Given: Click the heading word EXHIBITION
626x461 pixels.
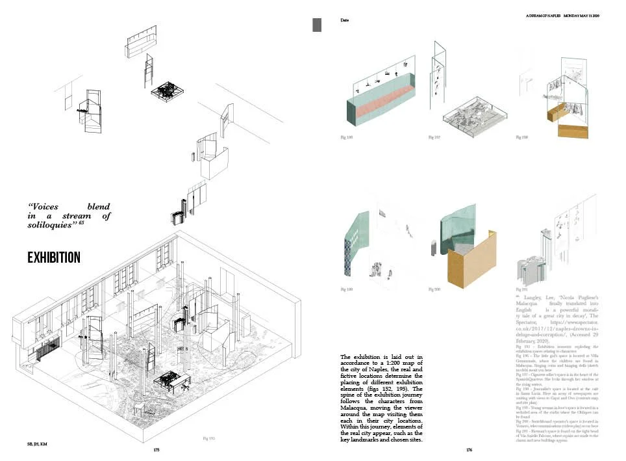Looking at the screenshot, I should (x=54, y=257).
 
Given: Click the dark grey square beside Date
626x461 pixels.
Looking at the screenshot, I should (x=317, y=25).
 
